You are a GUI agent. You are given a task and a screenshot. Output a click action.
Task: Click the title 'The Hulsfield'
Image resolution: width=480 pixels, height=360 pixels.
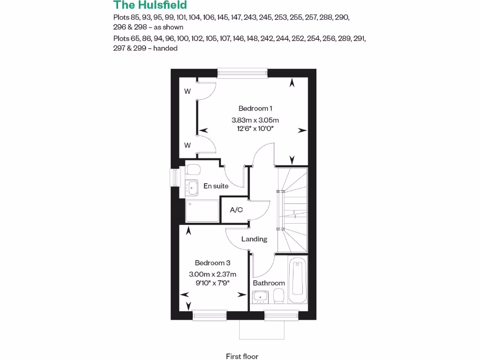[x=150, y=6]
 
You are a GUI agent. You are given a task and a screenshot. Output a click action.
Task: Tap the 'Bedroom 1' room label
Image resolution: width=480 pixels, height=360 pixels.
[x=255, y=108]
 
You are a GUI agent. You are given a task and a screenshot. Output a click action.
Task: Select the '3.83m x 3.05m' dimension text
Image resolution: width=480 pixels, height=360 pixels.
[x=255, y=120]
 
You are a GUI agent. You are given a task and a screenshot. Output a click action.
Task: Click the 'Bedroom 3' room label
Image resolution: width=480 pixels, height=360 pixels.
[x=212, y=263]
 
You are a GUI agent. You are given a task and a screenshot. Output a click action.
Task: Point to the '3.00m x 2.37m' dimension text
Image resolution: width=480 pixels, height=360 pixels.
[x=212, y=274]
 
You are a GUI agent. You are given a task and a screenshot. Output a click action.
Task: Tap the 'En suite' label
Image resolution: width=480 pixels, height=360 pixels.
[x=216, y=186]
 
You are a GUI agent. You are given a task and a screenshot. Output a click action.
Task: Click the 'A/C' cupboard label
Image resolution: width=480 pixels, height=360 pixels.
[x=236, y=210]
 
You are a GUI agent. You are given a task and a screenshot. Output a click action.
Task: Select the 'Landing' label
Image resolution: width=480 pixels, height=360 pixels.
[x=254, y=239]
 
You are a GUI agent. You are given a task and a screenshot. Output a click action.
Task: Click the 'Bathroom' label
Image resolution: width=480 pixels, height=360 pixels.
[x=269, y=283]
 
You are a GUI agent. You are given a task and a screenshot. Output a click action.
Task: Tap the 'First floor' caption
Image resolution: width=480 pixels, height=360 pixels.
[x=242, y=356]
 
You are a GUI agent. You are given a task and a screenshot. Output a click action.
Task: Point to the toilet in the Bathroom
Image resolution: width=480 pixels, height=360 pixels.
[x=279, y=295]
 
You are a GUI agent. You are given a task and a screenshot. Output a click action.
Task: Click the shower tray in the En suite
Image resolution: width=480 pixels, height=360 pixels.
[x=202, y=211]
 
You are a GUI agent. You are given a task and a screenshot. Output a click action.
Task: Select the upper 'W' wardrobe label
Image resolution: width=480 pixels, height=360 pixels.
[x=187, y=92]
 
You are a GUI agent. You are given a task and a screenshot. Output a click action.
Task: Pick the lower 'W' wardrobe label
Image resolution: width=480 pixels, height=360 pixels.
[x=187, y=145]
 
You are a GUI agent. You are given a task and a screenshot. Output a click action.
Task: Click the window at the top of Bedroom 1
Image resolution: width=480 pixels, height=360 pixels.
[x=242, y=72]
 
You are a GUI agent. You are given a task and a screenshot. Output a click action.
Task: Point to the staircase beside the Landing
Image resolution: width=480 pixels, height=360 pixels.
[x=292, y=210]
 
